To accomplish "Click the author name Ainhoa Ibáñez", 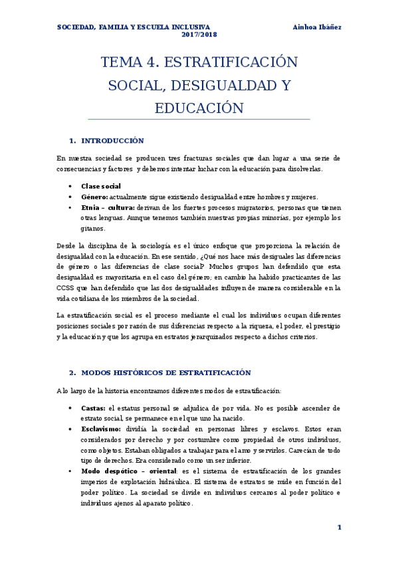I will click(317, 27).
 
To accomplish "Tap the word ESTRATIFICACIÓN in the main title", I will click(230, 63).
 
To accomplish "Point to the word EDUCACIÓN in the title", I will click(199, 108).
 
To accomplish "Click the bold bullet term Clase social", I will click(101, 186).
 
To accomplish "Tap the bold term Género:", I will click(94, 197).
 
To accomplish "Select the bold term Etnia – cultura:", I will click(108, 207).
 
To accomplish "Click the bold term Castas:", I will click(93, 408).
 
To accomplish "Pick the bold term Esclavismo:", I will click(101, 429).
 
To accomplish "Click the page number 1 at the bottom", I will click(339, 527).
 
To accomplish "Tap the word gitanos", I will click(94, 228).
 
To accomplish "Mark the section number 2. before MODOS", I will click(73, 372).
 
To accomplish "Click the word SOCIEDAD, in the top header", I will click(76, 27).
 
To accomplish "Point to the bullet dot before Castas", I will click(71, 408).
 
